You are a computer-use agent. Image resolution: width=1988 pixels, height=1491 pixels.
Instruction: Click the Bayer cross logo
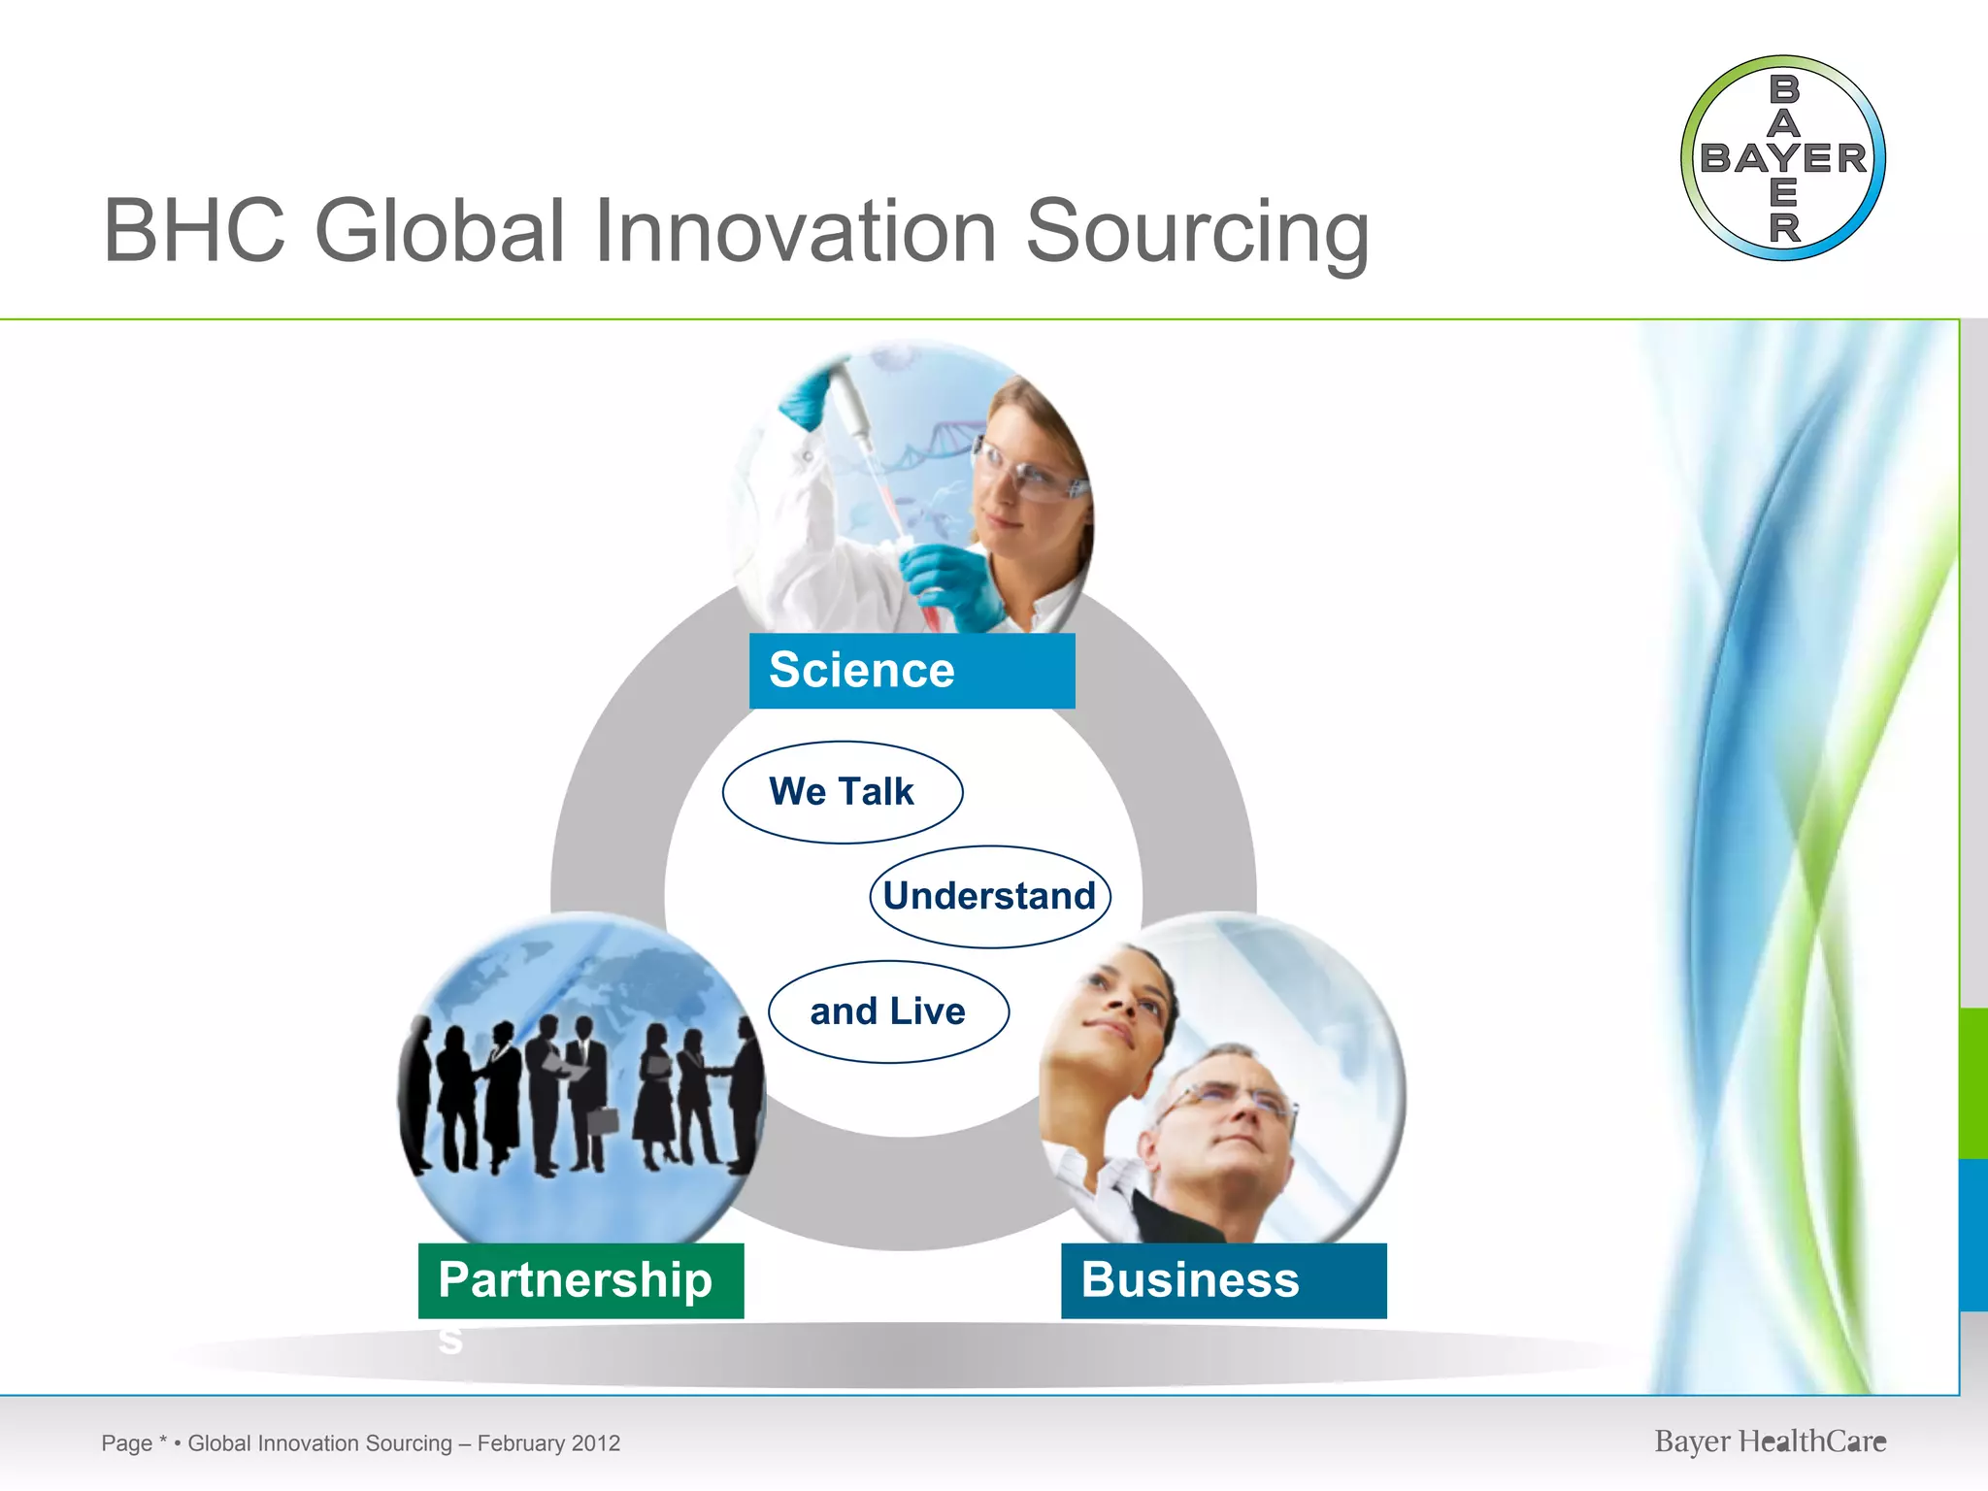[1782, 158]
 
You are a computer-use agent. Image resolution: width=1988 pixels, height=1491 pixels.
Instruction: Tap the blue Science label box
[911, 671]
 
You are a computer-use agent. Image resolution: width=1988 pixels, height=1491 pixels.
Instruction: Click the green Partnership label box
[580, 1280]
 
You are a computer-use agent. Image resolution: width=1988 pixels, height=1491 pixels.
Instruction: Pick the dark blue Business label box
[1223, 1280]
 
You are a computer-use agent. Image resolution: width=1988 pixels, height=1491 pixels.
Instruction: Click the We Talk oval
[842, 792]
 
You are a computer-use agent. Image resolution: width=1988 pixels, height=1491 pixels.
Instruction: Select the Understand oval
[989, 896]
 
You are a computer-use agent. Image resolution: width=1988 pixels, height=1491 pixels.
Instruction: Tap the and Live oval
[888, 1011]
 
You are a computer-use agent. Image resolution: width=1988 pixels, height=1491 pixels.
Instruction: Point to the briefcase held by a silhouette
[603, 1120]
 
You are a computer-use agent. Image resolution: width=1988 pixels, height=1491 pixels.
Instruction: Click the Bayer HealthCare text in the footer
[1770, 1441]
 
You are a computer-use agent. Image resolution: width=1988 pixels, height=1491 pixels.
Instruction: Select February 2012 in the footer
[548, 1443]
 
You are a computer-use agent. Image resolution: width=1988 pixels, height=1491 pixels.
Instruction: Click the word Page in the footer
[126, 1443]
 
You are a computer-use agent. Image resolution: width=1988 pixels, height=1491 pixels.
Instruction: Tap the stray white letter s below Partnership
[449, 1341]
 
